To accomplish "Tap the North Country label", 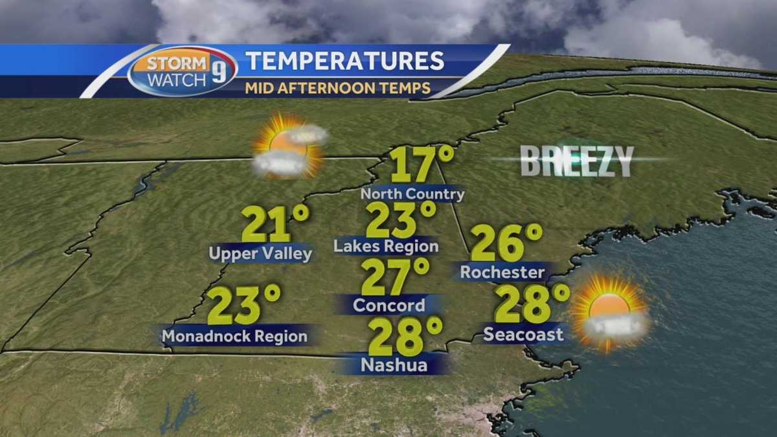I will [x=412, y=194].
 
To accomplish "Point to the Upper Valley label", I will [x=260, y=254].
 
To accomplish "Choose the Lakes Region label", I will [x=386, y=247].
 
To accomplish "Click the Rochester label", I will [x=502, y=273].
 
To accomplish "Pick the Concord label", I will [x=390, y=305].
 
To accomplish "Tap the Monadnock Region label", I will [x=234, y=336].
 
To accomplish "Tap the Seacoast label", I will [x=523, y=334].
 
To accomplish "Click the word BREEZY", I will [x=577, y=161].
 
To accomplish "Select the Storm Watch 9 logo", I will [x=182, y=71].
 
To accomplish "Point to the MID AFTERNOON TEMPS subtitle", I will [x=338, y=88].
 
